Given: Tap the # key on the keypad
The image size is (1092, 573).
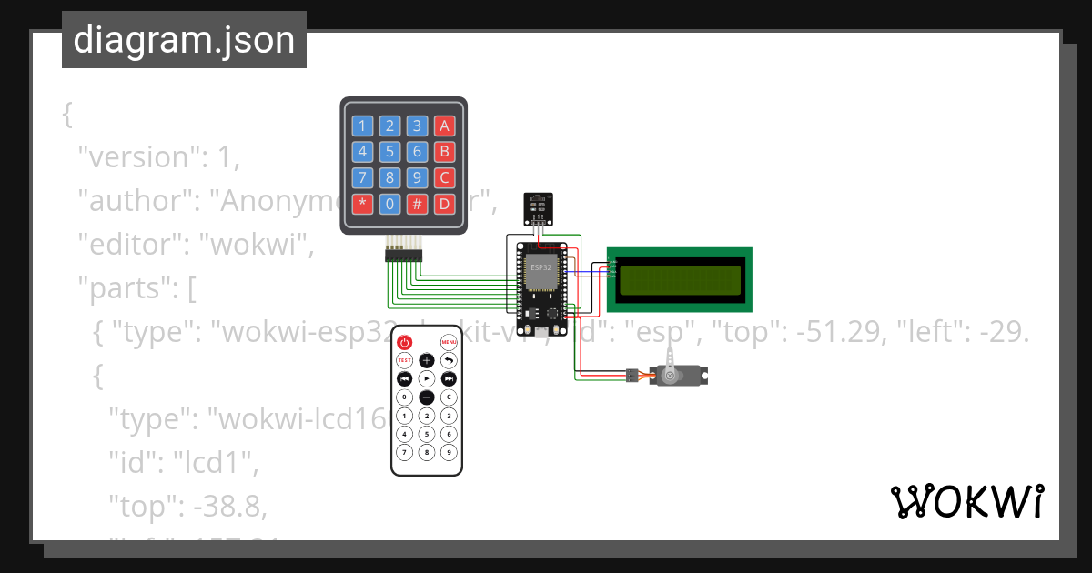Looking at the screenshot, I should click(417, 203).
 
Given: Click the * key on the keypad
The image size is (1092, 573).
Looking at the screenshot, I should click(363, 203).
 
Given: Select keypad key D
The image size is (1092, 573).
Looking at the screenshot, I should click(444, 203).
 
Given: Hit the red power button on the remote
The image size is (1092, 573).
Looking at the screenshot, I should click(405, 343).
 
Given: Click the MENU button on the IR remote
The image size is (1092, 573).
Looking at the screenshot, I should click(449, 343).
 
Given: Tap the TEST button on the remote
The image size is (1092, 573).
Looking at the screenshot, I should click(405, 360).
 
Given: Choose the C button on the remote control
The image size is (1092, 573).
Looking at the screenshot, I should click(449, 397).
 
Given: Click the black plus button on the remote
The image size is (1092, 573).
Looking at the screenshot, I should click(427, 360).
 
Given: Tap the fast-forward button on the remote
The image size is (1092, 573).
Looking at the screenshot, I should click(449, 378).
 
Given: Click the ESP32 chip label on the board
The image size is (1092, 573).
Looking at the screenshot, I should click(541, 267).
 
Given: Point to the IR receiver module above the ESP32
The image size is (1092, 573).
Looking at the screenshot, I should click(538, 208).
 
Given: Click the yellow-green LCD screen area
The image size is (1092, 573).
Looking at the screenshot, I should click(680, 276).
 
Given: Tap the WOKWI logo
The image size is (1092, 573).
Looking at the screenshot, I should click(966, 501).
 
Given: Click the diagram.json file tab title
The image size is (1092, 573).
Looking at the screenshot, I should click(184, 40).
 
